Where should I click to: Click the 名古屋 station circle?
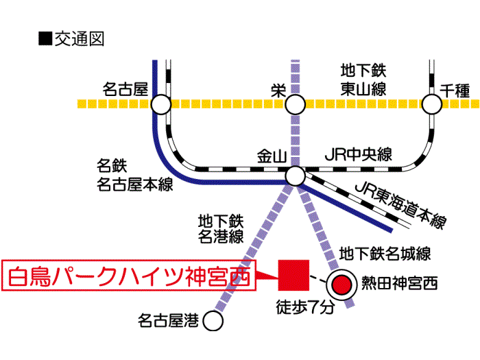160,105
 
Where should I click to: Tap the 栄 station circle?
296,105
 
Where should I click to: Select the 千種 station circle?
433,105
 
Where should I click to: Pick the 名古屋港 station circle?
215,320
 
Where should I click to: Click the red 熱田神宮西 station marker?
341,283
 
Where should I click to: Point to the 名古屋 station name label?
125,89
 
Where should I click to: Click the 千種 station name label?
455,89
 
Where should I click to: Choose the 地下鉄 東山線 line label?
364,79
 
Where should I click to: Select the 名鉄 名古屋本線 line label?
134,175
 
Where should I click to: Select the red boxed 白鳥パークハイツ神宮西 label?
130,278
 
